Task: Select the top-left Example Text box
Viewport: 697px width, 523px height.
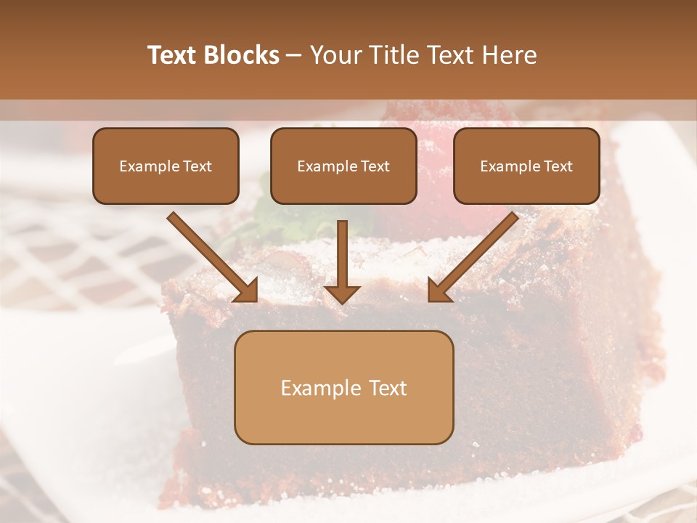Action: [166, 166]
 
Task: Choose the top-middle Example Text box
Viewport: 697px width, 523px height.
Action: [343, 166]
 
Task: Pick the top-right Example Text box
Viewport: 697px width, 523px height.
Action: [526, 166]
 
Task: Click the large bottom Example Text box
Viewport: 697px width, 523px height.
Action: [343, 388]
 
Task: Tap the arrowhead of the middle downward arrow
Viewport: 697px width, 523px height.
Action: [342, 292]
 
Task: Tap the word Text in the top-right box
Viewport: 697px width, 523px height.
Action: [558, 166]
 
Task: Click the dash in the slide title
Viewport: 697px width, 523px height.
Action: [294, 56]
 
